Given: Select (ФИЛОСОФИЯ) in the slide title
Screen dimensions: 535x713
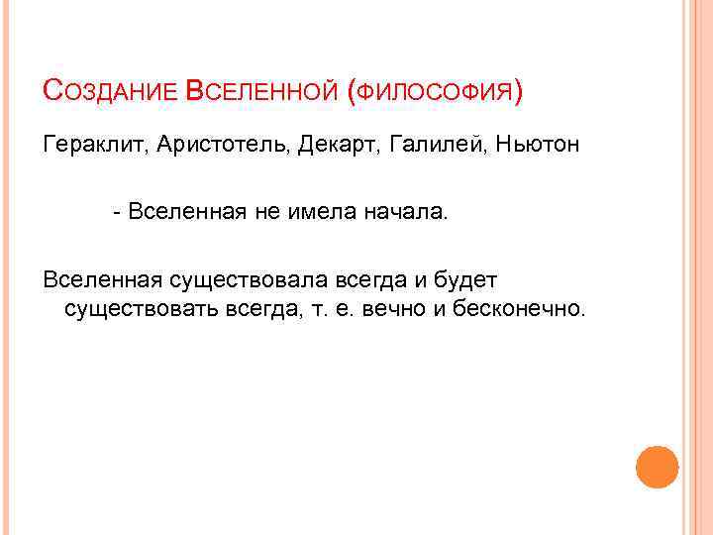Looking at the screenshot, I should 435,92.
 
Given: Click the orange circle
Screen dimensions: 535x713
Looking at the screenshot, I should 657,468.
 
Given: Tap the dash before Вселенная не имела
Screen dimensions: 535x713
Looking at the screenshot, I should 118,213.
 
